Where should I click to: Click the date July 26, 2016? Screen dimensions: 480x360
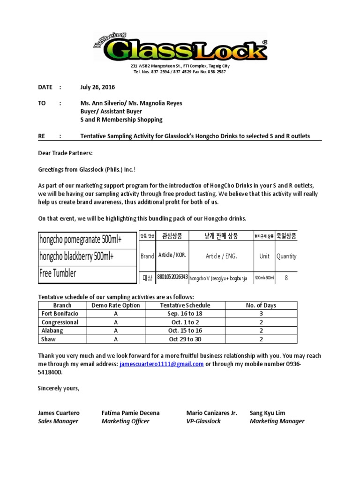97,87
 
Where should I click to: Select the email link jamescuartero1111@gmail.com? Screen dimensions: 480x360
161,364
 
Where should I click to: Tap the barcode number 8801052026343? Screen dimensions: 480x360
172,277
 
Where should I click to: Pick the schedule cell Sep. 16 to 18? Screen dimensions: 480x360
185,314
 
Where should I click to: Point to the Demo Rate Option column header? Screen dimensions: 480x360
115,305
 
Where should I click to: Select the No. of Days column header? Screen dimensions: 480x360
261,305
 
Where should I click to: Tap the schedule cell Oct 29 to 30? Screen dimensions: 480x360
185,339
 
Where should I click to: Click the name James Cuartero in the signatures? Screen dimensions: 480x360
59,413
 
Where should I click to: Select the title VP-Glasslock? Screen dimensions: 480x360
203,421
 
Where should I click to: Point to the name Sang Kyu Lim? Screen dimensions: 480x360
267,413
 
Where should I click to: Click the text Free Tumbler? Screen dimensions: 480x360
58,274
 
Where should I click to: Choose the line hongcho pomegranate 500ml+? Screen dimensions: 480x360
80,240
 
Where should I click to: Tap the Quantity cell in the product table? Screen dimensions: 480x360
286,256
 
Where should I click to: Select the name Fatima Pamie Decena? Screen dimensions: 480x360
130,413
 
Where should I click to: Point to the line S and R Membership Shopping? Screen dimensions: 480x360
121,120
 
